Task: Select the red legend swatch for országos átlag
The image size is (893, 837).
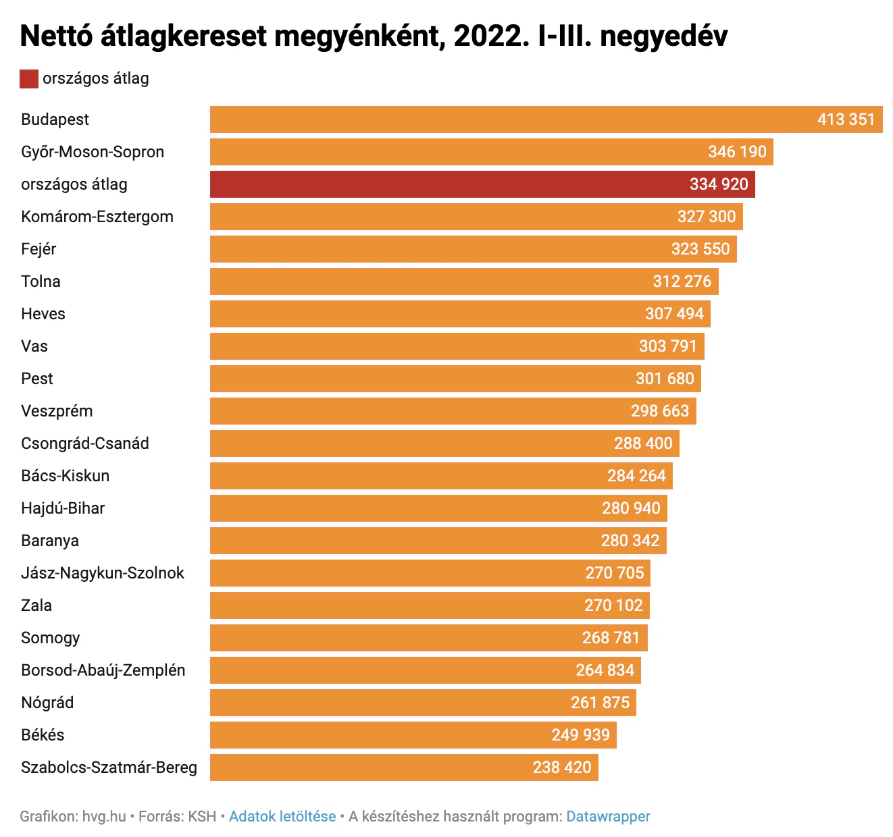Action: (29, 79)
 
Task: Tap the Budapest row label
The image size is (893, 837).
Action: (55, 119)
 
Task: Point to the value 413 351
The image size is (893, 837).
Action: (846, 119)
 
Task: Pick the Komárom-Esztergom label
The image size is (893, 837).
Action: (97, 217)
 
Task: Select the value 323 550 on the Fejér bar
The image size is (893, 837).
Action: (700, 249)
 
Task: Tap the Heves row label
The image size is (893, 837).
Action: (43, 314)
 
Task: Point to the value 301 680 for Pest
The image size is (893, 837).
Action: (665, 379)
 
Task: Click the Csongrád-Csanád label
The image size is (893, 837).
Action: (85, 443)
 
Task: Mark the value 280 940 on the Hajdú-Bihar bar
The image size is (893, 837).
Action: (631, 508)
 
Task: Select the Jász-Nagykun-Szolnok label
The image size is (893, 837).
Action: (103, 573)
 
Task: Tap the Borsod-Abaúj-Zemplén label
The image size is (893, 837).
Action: (103, 670)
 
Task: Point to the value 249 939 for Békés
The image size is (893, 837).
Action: (580, 735)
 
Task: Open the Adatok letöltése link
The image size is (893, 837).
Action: (282, 817)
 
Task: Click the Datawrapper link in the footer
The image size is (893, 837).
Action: (608, 817)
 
